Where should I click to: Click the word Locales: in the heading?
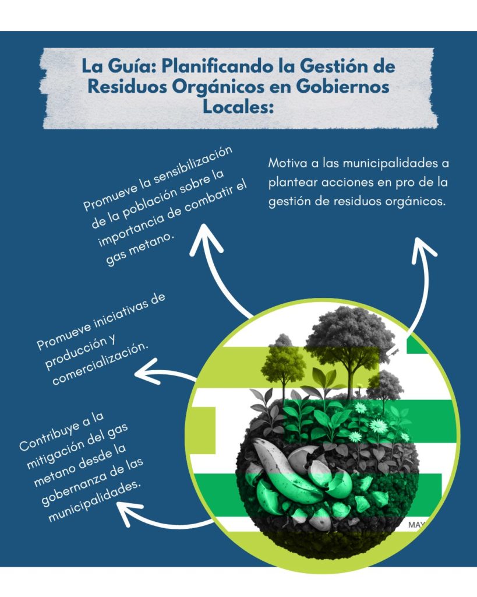(239, 106)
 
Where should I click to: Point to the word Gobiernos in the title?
(342, 86)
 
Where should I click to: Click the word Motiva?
(288, 163)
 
